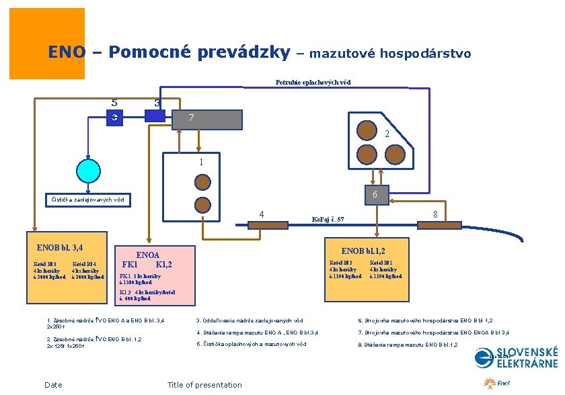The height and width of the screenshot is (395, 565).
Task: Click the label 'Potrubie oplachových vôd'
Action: point(313,83)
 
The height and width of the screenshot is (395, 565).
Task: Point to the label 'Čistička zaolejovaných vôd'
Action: point(88,200)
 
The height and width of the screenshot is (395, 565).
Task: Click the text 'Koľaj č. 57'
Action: point(328,220)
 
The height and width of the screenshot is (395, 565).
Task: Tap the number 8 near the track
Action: point(436,214)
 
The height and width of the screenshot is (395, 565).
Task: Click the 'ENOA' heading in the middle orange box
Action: point(148,255)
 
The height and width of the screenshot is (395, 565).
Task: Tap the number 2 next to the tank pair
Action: point(387,134)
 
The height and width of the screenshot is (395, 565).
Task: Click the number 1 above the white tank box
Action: point(200,162)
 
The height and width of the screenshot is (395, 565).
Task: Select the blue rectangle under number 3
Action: point(155,116)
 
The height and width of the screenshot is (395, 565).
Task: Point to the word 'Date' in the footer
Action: point(53,385)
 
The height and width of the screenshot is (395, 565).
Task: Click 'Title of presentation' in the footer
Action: point(204,385)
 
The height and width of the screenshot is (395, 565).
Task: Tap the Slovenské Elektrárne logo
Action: point(516,357)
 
